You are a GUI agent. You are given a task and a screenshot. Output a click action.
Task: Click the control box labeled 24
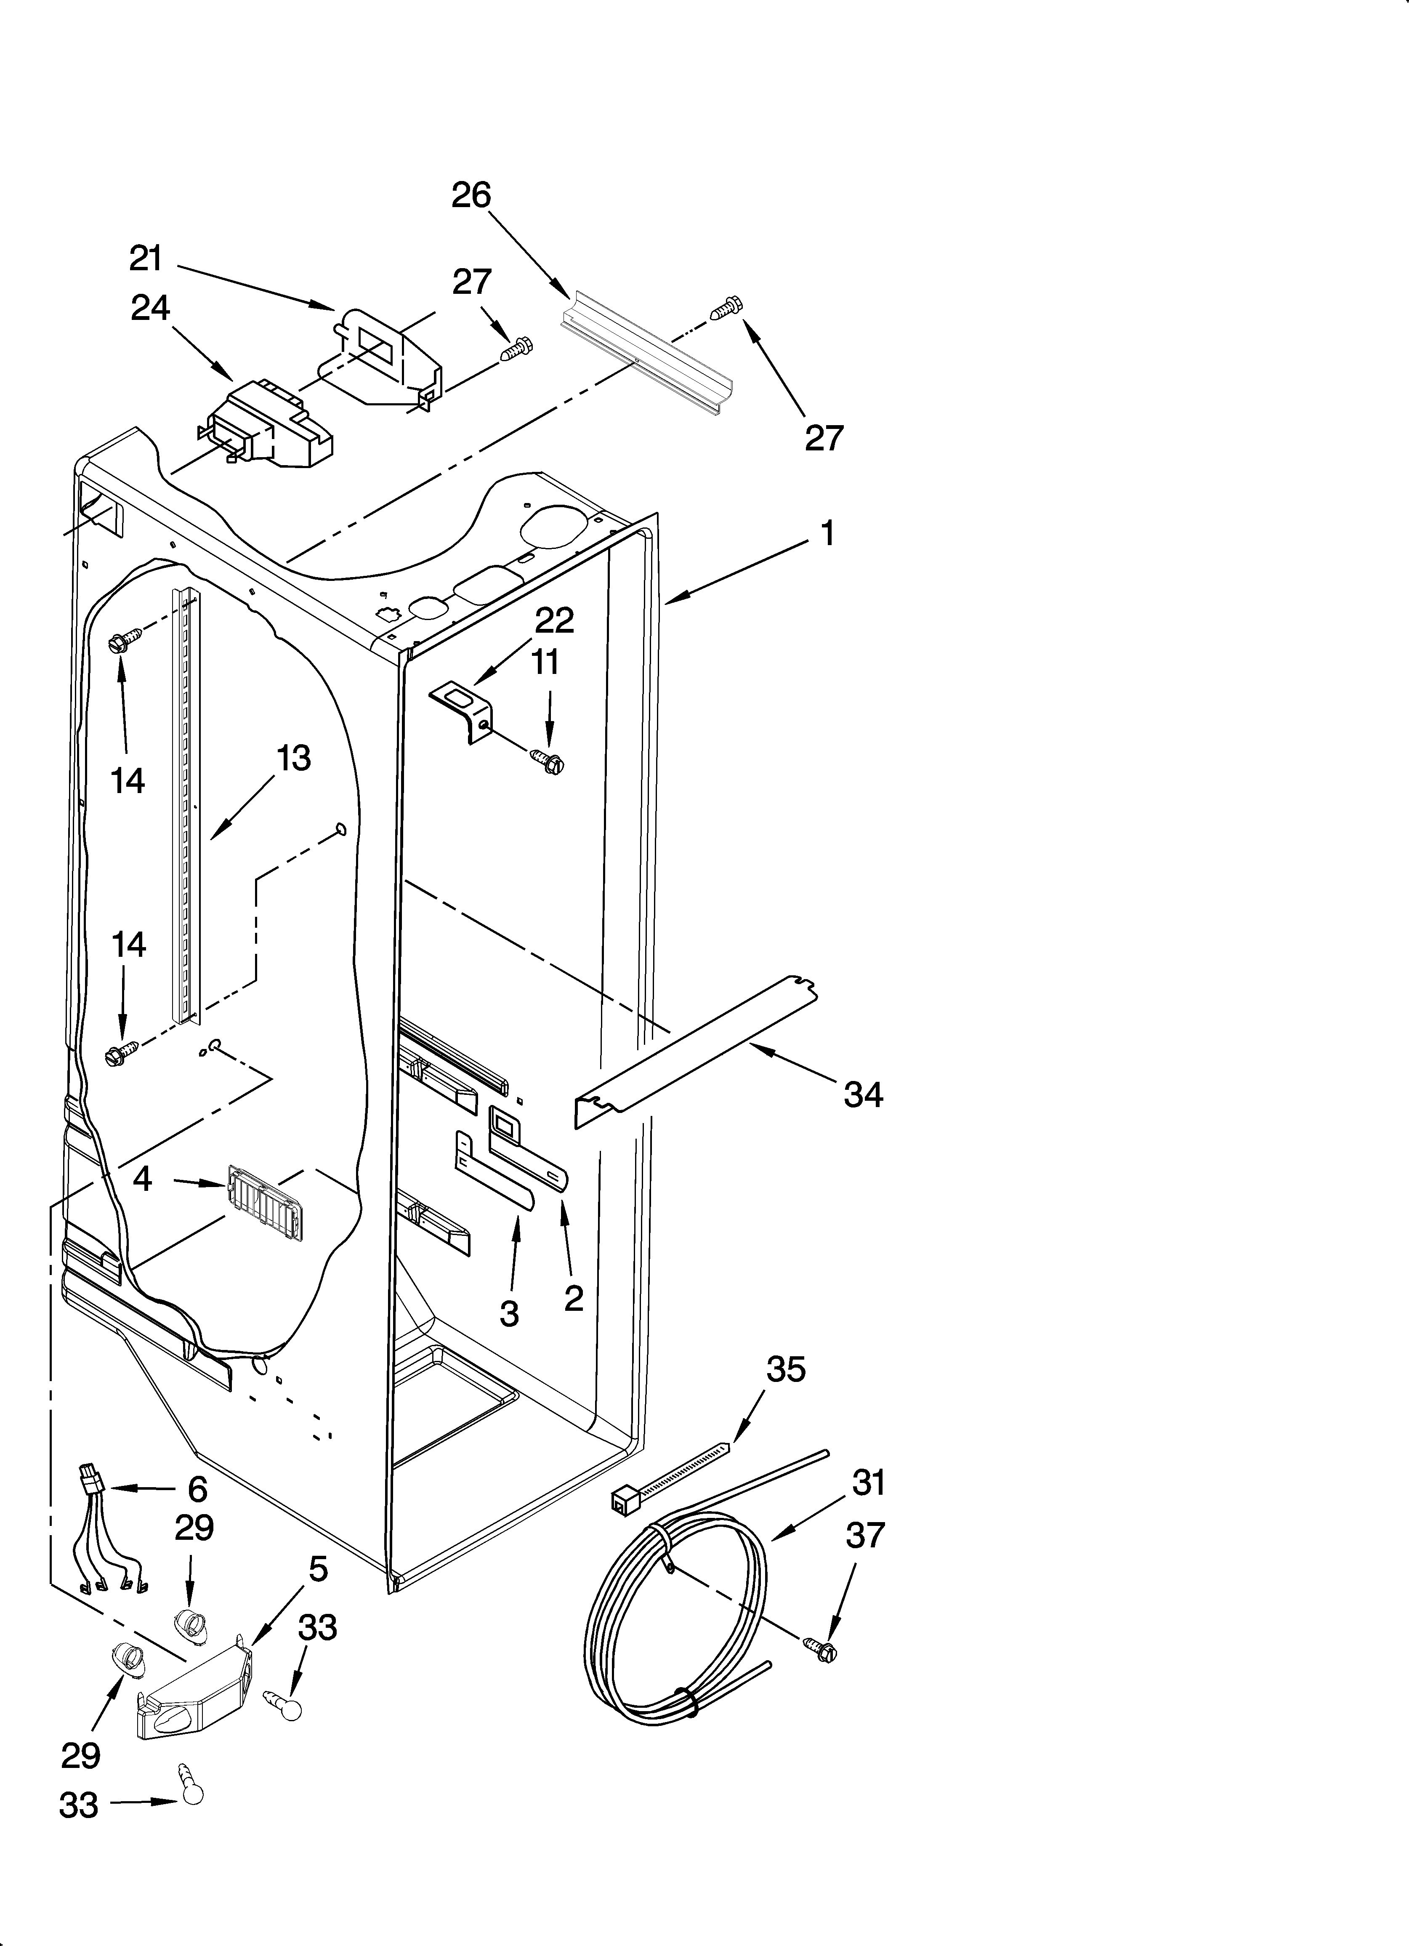pos(270,429)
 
